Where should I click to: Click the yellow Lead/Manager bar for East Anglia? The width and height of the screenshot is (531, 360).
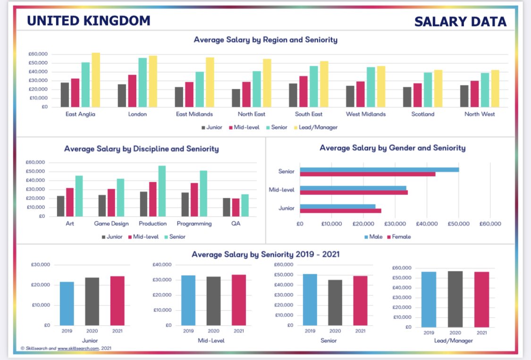pos(96,80)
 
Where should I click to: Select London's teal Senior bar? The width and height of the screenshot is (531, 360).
pos(143,82)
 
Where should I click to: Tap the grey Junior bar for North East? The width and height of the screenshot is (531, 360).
pos(236,98)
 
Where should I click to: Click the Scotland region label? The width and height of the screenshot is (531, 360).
pos(423,114)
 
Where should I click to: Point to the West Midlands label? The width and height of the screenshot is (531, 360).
pos(366,114)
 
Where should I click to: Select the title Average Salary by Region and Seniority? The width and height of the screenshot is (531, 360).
pos(265,40)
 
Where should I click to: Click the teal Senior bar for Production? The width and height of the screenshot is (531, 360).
pos(162,191)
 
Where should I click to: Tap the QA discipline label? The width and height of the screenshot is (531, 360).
pos(236,224)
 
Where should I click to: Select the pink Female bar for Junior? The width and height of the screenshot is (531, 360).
pos(340,211)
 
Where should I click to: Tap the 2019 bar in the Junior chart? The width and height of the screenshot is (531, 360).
pos(67,303)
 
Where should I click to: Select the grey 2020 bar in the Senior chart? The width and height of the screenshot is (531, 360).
pos(335,302)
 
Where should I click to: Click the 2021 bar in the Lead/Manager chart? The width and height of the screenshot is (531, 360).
pos(481,299)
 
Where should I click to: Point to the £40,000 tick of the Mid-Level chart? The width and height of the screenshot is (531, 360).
pos(162,265)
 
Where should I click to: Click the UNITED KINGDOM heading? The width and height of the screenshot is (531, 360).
pos(89,21)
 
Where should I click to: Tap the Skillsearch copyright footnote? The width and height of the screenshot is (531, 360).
pos(66,348)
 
